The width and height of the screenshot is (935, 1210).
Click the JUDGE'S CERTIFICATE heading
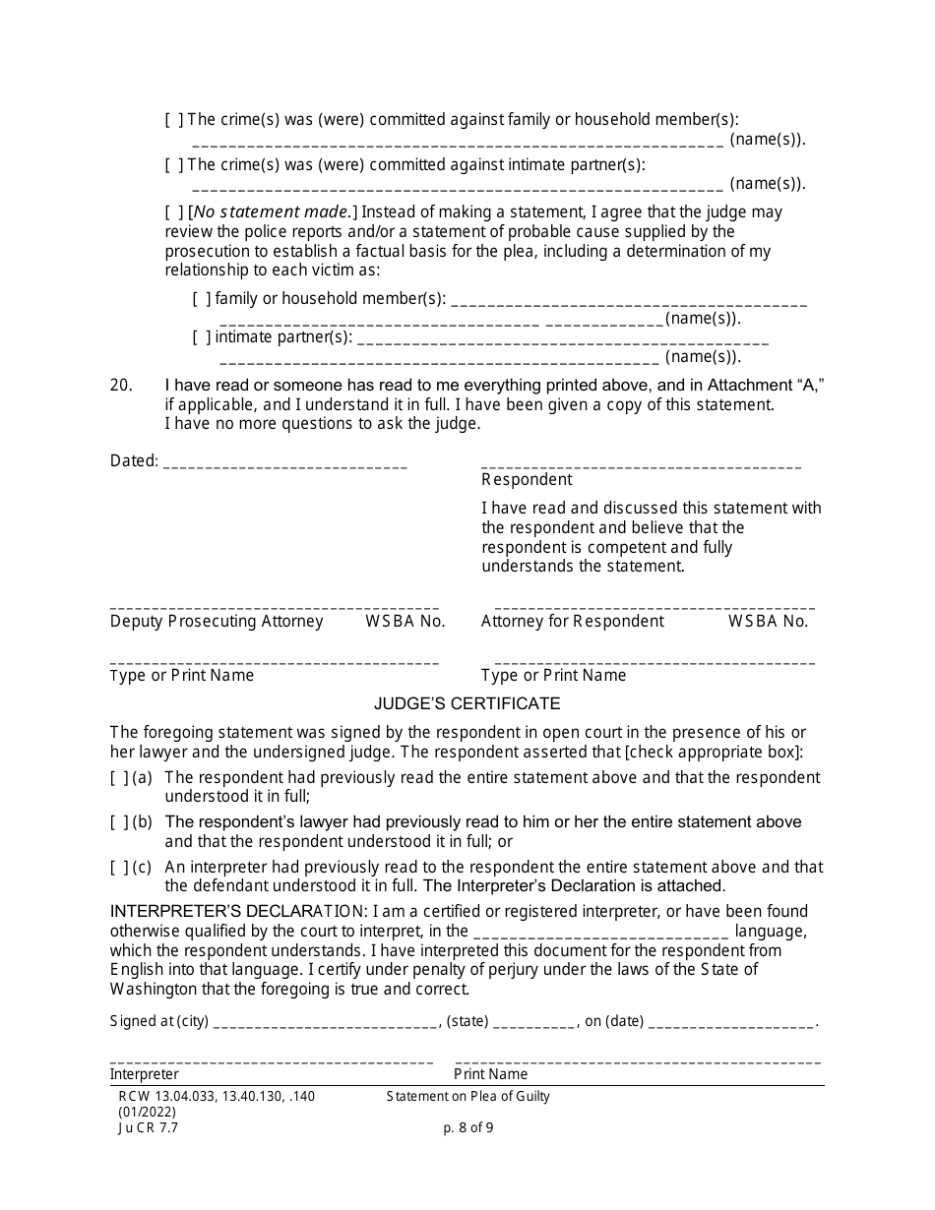[x=467, y=704]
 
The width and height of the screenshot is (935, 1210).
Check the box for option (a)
[x=118, y=778]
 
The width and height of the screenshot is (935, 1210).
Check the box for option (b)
[x=118, y=822]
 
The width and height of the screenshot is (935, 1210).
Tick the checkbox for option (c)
[x=118, y=868]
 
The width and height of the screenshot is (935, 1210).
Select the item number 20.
[x=121, y=387]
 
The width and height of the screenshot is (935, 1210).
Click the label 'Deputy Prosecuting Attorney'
[x=217, y=622]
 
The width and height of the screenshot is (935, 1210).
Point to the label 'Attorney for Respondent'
[x=572, y=622]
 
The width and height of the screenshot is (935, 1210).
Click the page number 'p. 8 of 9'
[x=468, y=1128]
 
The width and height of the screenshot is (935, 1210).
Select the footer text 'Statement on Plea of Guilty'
[x=467, y=1096]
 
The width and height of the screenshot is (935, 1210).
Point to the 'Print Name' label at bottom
[x=490, y=1075]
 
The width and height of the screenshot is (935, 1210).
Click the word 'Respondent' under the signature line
[x=527, y=480]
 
